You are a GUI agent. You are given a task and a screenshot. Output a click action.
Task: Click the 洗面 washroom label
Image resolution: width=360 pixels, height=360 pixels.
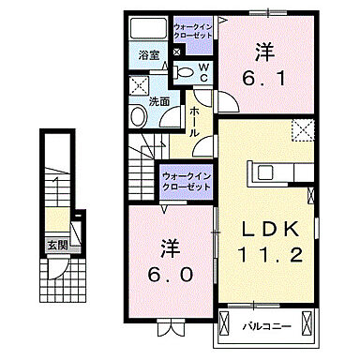click(158, 100)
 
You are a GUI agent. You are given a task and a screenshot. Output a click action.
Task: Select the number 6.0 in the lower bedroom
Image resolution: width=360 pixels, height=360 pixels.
click(172, 276)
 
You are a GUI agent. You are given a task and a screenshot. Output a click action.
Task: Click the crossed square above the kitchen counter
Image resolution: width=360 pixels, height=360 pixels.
click(301, 130)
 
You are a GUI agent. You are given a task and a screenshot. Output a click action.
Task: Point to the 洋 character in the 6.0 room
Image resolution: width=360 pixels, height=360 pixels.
click(169, 247)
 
